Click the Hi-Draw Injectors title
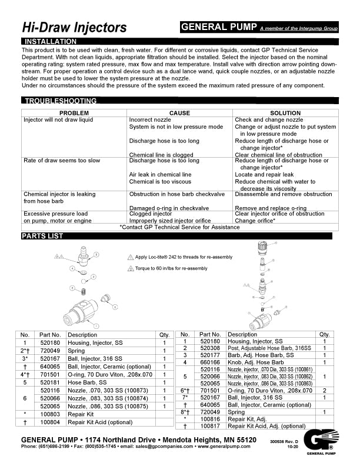point(74,28)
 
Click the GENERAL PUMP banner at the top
point(218,27)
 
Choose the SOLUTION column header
point(285,112)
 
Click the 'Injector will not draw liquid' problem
point(58,120)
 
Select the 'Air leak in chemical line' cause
point(160,175)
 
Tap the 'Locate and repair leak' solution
point(264,175)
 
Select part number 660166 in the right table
point(210,362)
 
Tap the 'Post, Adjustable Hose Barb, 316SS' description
point(266,348)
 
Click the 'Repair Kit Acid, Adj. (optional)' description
point(266,426)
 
